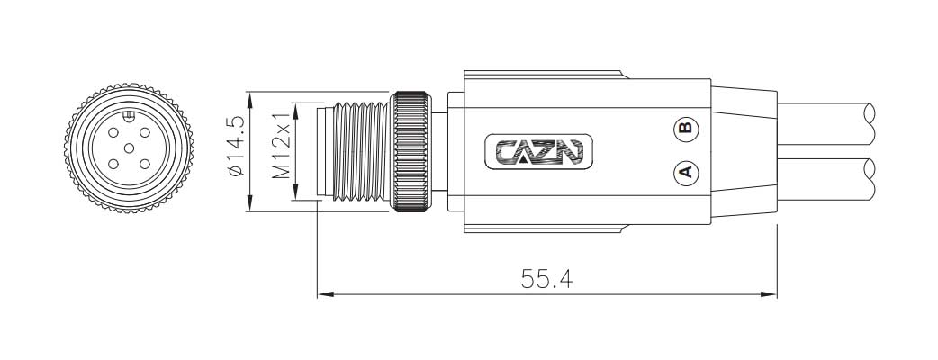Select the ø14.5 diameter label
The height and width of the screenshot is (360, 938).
coord(235,146)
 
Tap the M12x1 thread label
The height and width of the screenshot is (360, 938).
coord(282,146)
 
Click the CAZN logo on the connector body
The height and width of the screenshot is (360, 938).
coord(539,151)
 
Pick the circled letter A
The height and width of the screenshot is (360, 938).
coord(685,170)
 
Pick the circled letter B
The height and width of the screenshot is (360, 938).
coord(685,128)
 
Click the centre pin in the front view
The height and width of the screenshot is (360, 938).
coord(129,148)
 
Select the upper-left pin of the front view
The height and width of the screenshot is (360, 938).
coord(113,133)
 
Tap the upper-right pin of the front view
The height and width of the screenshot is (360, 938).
coord(145,133)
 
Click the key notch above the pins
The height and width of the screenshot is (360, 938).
coord(129,115)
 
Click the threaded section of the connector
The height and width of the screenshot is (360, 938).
coord(360,150)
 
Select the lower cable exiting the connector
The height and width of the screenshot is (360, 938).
coord(828,179)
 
